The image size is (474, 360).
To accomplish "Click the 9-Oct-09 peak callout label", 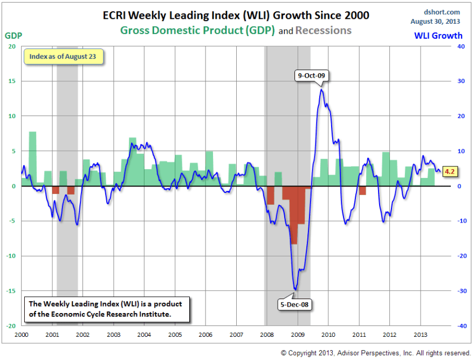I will [310, 76].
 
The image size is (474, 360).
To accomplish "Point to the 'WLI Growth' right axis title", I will [438, 36].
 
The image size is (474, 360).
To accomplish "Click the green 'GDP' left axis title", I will [13, 36].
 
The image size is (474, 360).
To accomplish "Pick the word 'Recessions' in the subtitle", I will [324, 30].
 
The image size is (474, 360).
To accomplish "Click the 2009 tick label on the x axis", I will [298, 335].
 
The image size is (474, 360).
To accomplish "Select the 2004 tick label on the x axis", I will [144, 335].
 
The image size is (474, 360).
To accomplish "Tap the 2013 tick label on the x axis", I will [421, 335].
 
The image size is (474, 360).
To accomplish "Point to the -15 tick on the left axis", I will [12, 291].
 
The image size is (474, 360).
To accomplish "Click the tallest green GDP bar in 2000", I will [32, 158].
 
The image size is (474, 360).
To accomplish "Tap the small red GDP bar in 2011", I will [362, 190].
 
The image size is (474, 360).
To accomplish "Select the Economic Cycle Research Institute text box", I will [106, 309].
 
